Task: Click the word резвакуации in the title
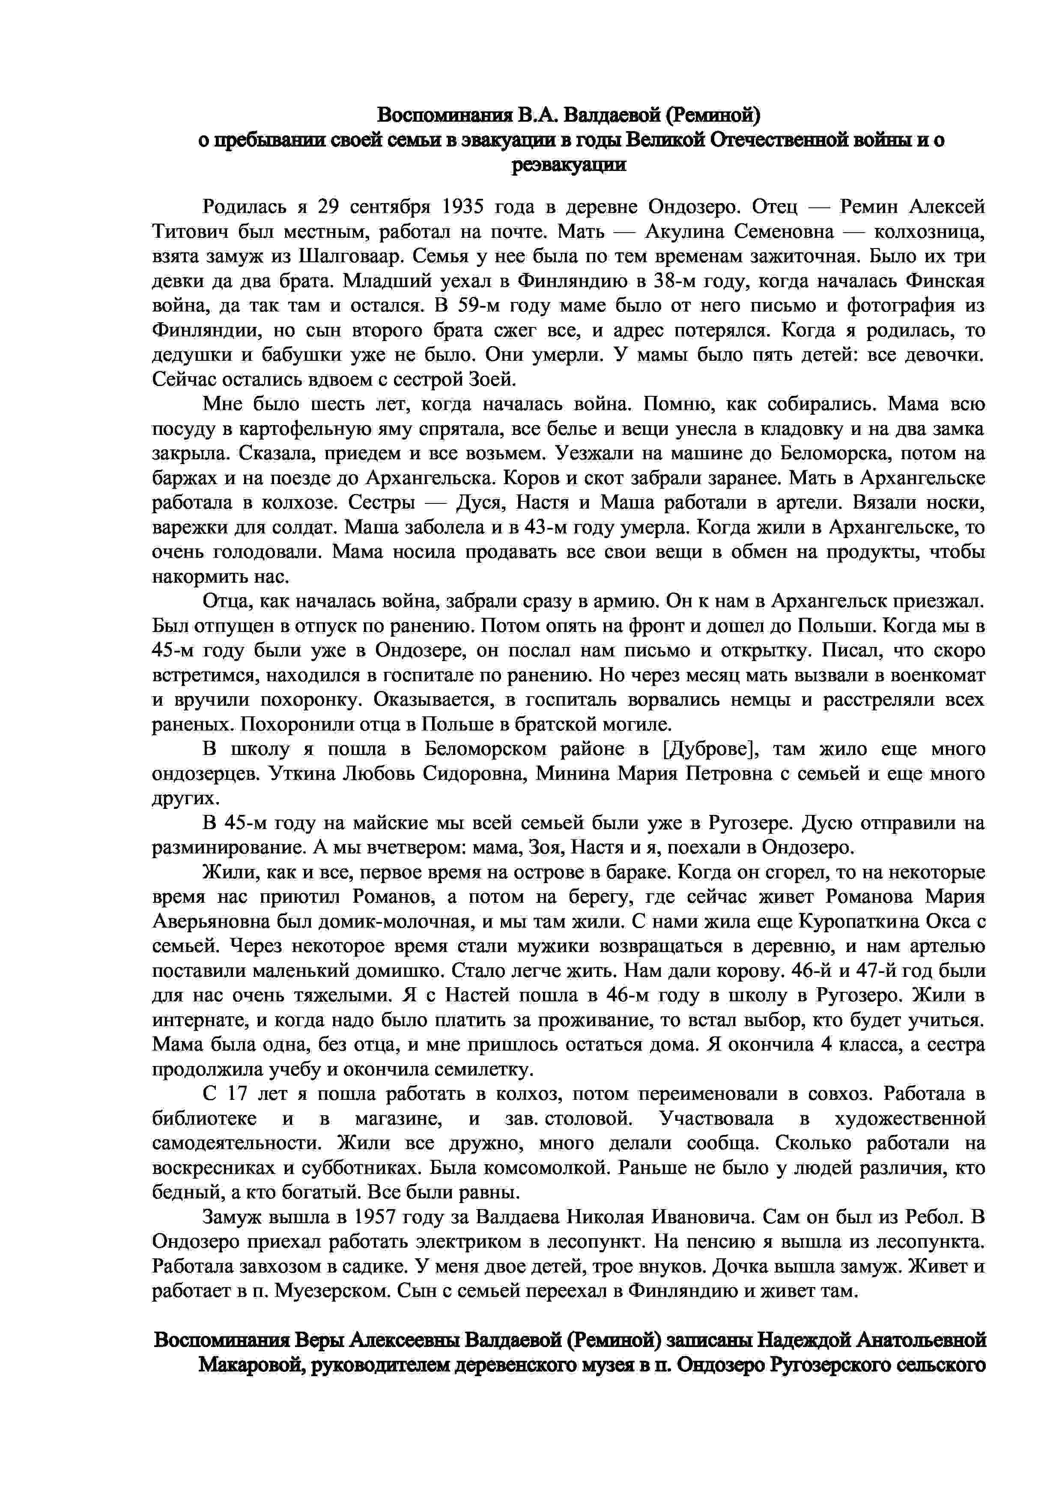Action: click(568, 165)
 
